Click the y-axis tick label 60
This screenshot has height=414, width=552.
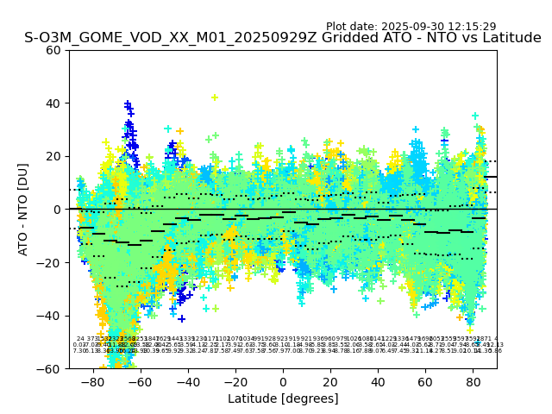coord(54,50)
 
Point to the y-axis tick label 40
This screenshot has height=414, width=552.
coord(54,103)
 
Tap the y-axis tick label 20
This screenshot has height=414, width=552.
coord(54,156)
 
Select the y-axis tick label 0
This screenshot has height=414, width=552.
coord(58,210)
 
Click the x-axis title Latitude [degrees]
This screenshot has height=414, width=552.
coord(283,398)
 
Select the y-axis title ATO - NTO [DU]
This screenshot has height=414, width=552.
coord(23,210)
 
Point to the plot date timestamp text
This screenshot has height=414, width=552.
coord(411,27)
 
